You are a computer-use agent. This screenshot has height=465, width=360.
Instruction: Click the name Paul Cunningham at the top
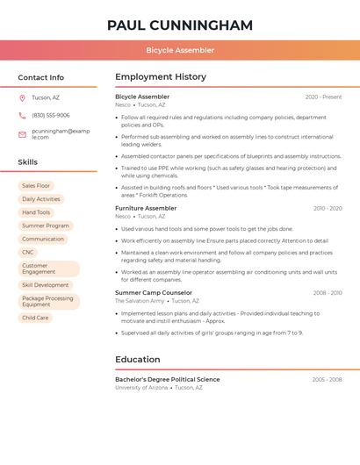180,25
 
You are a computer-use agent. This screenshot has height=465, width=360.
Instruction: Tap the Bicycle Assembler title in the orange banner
180,50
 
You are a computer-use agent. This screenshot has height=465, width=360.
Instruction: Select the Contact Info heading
41,77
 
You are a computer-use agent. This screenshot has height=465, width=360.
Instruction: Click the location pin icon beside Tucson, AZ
22,97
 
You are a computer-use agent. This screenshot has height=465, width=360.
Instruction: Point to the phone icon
22,115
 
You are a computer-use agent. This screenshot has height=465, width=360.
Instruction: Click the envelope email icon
22,134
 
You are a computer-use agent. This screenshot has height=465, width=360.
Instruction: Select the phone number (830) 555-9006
51,115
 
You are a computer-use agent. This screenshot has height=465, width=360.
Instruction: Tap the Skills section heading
28,162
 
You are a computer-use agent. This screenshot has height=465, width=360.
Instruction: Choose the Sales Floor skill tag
36,186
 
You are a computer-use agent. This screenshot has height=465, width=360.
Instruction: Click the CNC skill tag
28,252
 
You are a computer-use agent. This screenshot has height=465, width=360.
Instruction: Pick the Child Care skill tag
35,318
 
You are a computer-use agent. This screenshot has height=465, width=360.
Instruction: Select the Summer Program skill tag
45,225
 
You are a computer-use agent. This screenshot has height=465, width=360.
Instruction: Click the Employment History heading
161,77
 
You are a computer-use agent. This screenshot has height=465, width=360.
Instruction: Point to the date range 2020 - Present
323,97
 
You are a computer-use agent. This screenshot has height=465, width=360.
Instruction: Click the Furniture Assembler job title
146,208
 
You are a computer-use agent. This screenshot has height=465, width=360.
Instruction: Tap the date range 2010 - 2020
328,208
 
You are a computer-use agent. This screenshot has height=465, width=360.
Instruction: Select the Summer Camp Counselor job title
154,292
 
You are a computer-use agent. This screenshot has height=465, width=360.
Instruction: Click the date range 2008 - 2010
328,292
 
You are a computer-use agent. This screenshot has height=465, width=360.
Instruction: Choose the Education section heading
138,359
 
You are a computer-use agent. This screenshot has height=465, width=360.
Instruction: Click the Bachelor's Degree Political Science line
168,379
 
